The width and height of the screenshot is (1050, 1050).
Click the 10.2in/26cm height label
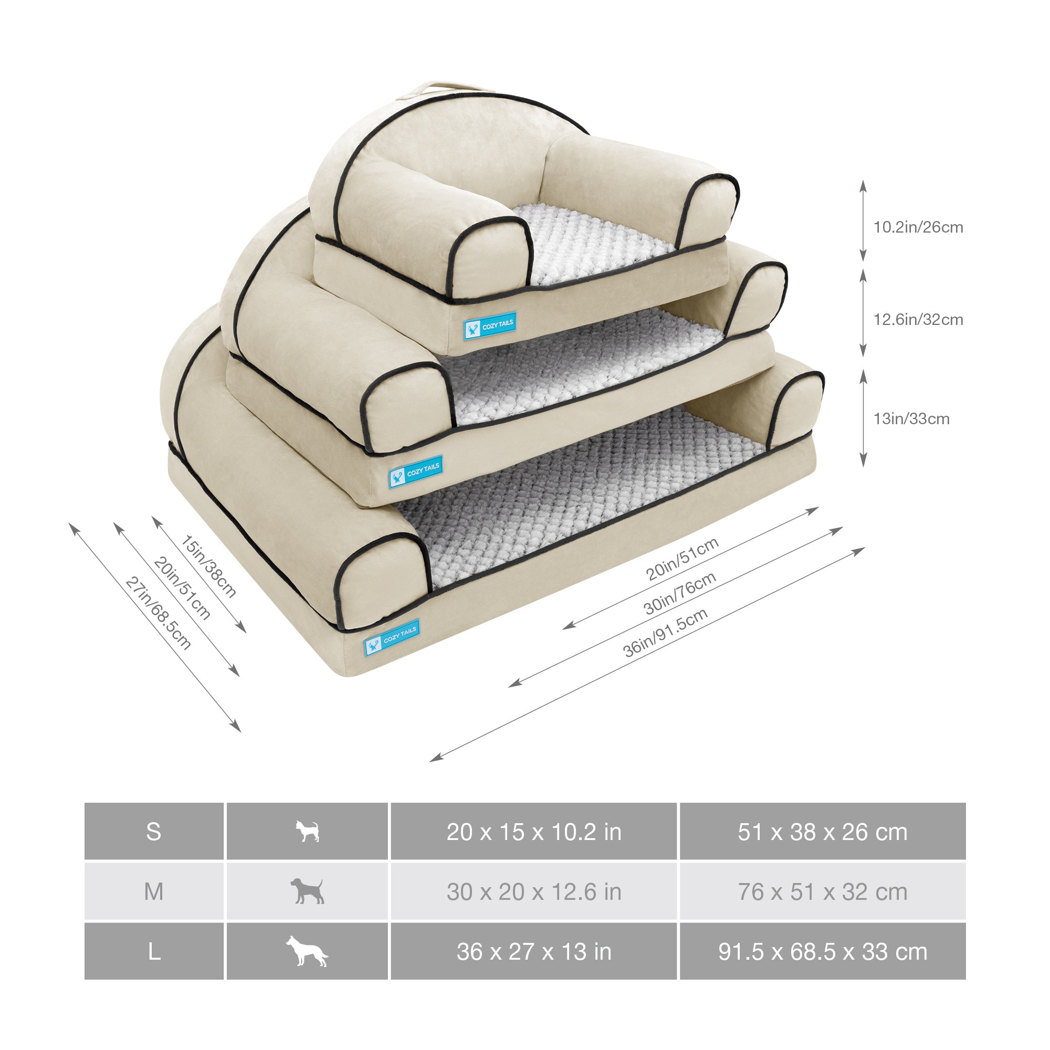point(918,227)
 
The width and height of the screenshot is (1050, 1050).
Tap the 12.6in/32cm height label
point(918,320)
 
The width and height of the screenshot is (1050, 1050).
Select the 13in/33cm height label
point(911,419)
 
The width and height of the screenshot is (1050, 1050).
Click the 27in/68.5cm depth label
point(158,613)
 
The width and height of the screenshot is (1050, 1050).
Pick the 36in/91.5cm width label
point(665,632)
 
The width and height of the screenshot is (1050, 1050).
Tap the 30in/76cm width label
point(679,593)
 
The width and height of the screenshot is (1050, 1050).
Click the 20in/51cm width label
point(682,558)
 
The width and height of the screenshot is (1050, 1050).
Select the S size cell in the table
point(154,832)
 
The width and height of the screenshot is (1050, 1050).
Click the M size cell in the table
point(154,891)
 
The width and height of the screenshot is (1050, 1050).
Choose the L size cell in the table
point(154,951)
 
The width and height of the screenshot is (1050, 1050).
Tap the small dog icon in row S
point(307,832)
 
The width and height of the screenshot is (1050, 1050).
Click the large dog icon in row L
point(307,951)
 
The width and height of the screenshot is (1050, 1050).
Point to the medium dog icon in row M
point(307,891)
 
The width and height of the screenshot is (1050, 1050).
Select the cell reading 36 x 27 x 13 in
point(534,951)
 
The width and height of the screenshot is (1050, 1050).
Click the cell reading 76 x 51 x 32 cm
point(822,891)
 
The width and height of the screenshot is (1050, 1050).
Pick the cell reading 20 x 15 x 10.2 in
point(534,832)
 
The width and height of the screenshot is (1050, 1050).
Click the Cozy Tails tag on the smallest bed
point(490,327)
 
